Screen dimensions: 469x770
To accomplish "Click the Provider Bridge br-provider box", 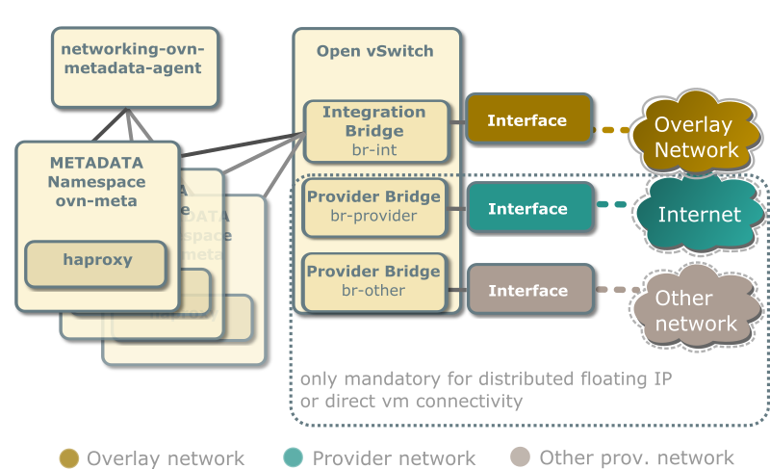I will [x=373, y=206].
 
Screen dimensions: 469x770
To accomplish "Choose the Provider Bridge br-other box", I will [x=373, y=281].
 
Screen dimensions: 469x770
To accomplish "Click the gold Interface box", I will [x=527, y=120].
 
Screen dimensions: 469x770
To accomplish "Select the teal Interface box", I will [x=527, y=209].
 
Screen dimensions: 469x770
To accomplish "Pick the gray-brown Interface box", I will [x=527, y=291].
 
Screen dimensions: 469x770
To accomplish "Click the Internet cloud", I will [x=699, y=215].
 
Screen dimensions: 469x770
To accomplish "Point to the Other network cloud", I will [x=696, y=310].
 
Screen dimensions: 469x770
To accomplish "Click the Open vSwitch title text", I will [x=375, y=51].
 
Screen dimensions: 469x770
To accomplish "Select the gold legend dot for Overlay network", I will [x=69, y=458].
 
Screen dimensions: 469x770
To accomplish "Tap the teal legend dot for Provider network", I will [x=294, y=458].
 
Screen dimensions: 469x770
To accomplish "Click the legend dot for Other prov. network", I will [x=521, y=458].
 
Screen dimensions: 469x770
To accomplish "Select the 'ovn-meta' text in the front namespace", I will [x=96, y=201].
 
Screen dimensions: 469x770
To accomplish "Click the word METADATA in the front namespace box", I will [x=96, y=163].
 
